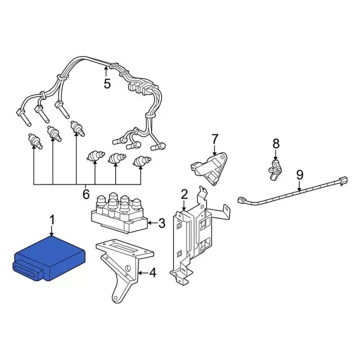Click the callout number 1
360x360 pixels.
pos(52,219)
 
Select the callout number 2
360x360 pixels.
pos(184,195)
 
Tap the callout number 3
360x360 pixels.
pos(161,224)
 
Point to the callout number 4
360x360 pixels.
pos(152,274)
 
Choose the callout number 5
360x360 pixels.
pos(107,84)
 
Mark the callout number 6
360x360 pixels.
pos(86,194)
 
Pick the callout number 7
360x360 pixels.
pos(214,138)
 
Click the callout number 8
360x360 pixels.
pos(276,144)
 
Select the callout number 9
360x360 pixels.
pos(299,174)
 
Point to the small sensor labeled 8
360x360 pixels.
pos(274,166)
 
